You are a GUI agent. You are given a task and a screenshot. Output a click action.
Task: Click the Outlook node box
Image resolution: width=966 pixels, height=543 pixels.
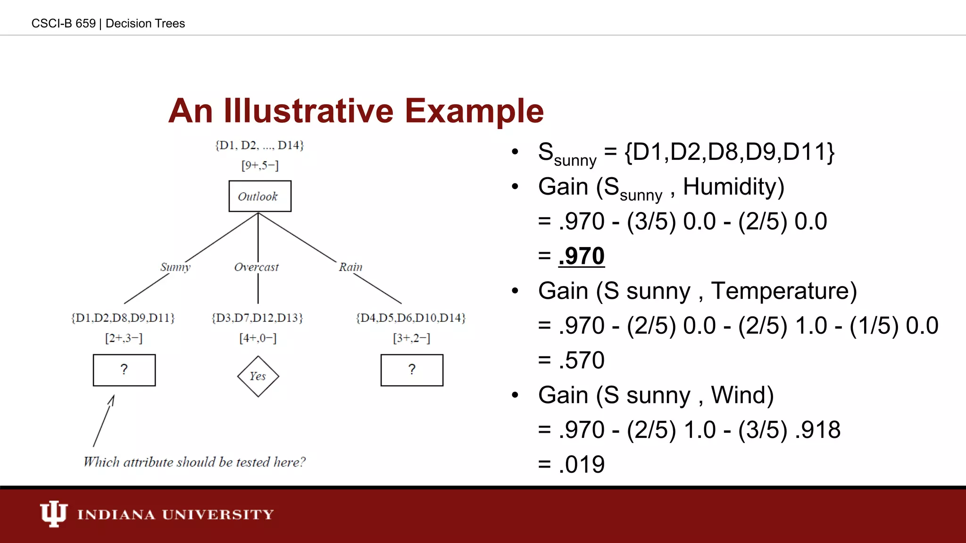260,196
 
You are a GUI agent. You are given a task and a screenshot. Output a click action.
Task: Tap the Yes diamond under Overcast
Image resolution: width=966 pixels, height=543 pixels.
258,376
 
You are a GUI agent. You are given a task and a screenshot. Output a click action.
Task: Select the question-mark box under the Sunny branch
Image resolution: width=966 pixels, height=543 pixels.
124,370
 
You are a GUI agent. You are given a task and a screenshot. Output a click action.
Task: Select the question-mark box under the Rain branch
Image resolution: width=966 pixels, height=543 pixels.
412,370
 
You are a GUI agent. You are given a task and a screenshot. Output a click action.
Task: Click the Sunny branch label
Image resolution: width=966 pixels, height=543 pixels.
175,267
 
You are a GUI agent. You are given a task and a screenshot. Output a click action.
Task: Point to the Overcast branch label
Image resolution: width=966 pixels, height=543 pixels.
257,267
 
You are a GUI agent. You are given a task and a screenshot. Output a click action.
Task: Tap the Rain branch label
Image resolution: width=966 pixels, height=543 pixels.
350,267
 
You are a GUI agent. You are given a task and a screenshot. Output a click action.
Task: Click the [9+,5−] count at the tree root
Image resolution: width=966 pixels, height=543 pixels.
260,165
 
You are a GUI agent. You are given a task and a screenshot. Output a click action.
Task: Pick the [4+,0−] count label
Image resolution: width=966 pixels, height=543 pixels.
258,338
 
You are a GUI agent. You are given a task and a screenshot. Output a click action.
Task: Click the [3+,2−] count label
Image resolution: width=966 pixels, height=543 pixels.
412,338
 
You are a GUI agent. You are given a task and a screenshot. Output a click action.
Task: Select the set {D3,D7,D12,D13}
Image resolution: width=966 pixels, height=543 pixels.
258,318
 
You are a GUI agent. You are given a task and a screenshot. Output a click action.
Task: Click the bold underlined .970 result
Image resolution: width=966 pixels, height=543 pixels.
581,256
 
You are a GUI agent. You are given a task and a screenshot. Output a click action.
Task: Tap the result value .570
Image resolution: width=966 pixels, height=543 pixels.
581,361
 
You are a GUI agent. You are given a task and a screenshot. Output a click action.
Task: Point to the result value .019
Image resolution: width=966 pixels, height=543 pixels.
581,465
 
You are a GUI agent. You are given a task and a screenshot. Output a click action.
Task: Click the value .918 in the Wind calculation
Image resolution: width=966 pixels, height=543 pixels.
817,430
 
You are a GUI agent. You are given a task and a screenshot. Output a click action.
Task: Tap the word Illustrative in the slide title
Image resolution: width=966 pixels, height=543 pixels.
309,111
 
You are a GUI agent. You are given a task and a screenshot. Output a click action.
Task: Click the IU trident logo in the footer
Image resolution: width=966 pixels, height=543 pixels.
53,513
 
